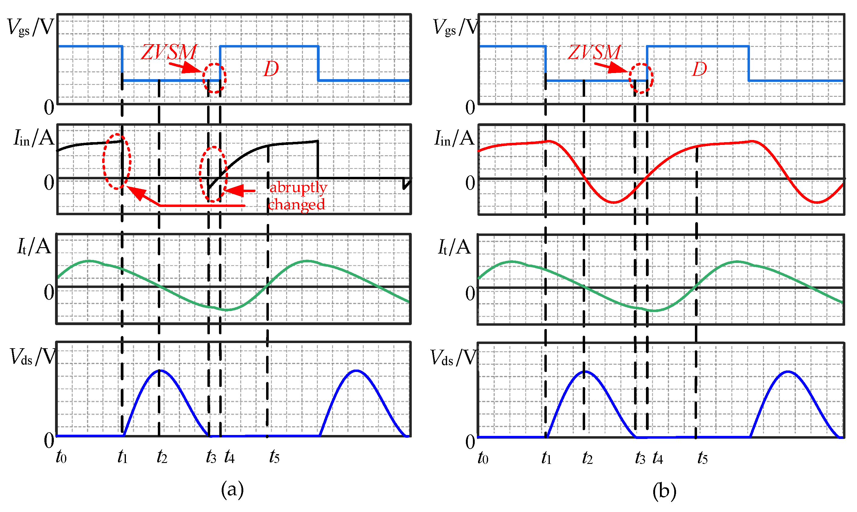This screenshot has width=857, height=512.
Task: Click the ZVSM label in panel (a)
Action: pos(168,52)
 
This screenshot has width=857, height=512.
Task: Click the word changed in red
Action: pos(296,204)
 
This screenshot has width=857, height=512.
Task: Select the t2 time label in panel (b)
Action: pos(587,458)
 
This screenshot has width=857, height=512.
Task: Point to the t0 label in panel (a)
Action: pos(61,457)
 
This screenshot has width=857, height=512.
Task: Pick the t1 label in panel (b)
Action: pos(546,458)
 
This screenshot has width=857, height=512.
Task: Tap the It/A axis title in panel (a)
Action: pos(34,247)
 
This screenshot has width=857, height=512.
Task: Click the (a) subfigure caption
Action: pos(232,489)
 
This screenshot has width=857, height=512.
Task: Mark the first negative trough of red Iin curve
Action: pos(614,202)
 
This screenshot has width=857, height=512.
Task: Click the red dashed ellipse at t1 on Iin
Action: pos(117,161)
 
